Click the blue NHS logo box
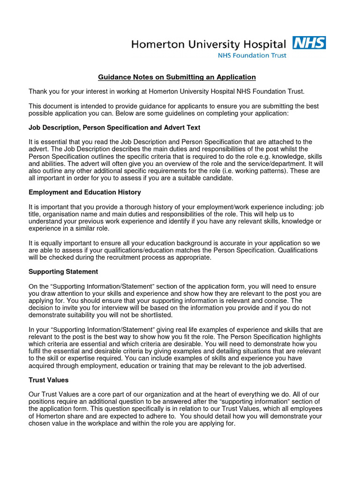click(309, 43)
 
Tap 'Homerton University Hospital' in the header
click(208, 45)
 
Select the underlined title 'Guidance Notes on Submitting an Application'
click(177, 77)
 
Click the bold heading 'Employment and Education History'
click(85, 192)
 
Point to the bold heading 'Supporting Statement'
click(63, 271)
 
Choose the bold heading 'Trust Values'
click(49, 380)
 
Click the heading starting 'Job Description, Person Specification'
click(114, 127)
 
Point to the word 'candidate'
click(212, 178)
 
